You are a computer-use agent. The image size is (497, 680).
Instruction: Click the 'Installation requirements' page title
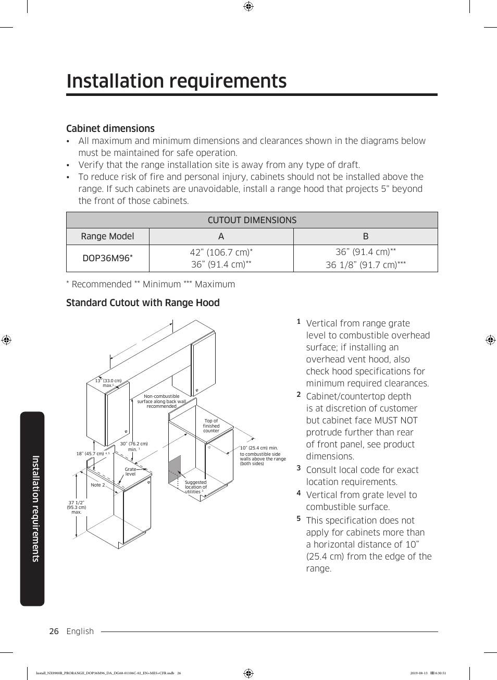click(176, 81)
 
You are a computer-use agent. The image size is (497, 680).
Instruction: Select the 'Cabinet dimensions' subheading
click(110, 128)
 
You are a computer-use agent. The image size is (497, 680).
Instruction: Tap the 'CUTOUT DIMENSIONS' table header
click(252, 220)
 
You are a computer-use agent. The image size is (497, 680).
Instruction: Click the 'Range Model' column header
click(107, 236)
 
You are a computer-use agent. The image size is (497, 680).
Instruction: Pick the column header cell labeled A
click(221, 236)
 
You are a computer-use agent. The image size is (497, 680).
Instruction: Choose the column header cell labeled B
click(365, 236)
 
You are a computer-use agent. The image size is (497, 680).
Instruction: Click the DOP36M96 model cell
click(107, 258)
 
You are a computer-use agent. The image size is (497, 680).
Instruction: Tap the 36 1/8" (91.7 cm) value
click(365, 265)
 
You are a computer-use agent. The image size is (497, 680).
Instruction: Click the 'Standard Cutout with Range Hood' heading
click(143, 303)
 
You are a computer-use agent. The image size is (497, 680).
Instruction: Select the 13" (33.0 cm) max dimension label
click(108, 383)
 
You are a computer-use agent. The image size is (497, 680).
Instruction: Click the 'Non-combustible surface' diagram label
click(161, 401)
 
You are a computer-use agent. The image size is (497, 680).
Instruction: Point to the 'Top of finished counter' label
click(211, 426)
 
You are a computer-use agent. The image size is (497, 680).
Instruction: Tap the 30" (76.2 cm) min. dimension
click(134, 446)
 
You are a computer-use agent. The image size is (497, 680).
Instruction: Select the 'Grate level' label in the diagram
click(130, 471)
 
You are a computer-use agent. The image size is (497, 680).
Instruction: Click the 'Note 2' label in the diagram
click(98, 485)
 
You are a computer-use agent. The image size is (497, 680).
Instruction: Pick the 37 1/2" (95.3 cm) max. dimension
click(76, 507)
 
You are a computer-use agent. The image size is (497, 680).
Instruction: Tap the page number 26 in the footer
click(54, 632)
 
